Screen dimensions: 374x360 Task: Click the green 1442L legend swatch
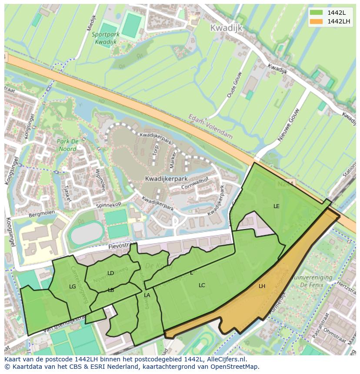tap(316, 12)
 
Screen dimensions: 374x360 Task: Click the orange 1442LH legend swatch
tap(316, 21)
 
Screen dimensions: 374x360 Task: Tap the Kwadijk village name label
tap(226, 28)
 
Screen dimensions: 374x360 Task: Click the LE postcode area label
tap(277, 206)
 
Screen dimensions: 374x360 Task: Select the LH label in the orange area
tap(262, 286)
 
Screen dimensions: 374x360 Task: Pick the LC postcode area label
tap(202, 285)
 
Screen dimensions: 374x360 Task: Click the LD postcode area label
tap(110, 273)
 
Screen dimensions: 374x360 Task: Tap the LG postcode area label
tap(73, 287)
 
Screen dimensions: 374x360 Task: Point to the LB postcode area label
tap(111, 290)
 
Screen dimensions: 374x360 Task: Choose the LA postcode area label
tap(147, 295)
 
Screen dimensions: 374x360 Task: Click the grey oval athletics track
tap(87, 234)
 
